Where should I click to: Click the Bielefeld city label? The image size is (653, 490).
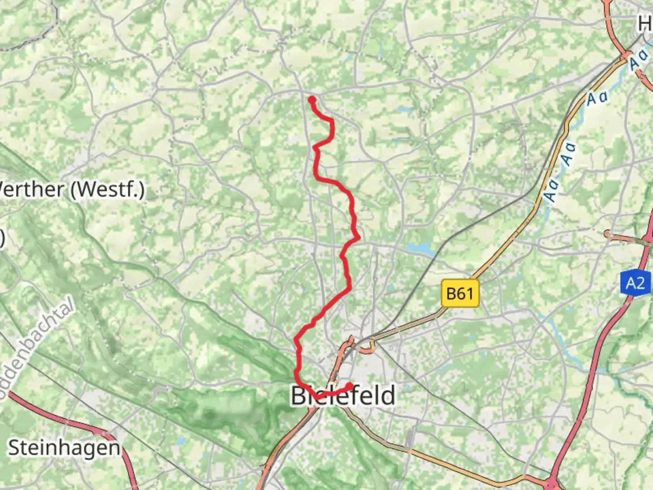(x=343, y=395)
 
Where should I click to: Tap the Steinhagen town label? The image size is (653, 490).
(x=64, y=448)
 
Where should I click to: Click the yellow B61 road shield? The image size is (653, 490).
(x=460, y=294)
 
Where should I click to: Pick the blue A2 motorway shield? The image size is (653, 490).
(x=635, y=284)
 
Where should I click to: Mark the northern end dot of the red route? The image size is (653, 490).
(x=312, y=99)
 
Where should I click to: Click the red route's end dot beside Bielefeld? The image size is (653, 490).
(x=350, y=386)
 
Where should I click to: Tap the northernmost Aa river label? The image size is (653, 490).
(x=639, y=60)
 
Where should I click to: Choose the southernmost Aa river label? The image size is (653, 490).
(x=552, y=191)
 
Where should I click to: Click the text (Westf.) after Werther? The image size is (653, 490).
(x=107, y=189)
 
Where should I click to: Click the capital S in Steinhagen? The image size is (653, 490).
(x=15, y=448)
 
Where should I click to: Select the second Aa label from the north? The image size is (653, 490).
(x=597, y=98)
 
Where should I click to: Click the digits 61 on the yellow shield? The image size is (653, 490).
(x=466, y=294)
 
